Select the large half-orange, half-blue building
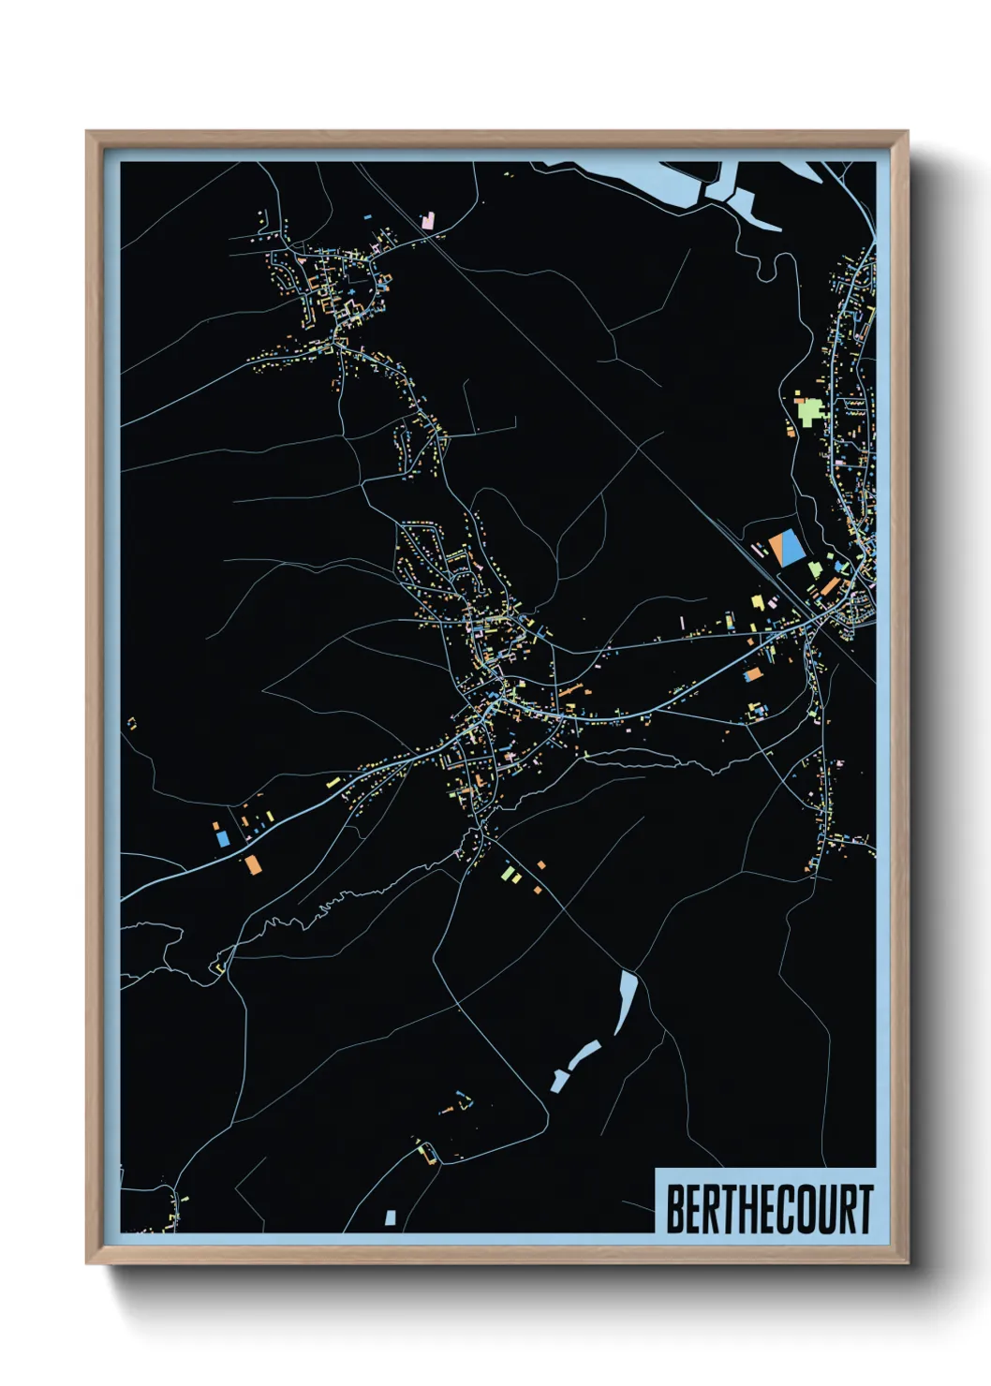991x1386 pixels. pos(786,548)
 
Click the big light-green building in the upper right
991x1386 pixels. pos(808,410)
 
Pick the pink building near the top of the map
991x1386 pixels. pos(428,221)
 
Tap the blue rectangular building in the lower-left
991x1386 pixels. pos(223,839)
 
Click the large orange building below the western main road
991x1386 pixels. pos(251,863)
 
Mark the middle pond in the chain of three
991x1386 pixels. pos(584,1054)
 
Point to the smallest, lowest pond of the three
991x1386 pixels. pos(559,1082)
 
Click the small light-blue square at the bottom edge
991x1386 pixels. pos(391,1217)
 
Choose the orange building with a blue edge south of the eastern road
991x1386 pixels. pos(752,673)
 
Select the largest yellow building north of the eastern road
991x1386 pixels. pos(758,602)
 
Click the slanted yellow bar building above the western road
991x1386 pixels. pos(333,780)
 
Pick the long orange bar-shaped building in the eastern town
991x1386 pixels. pos(831,587)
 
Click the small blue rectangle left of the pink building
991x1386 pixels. pos(368,217)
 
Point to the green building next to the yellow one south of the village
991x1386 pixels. pos(507,874)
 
